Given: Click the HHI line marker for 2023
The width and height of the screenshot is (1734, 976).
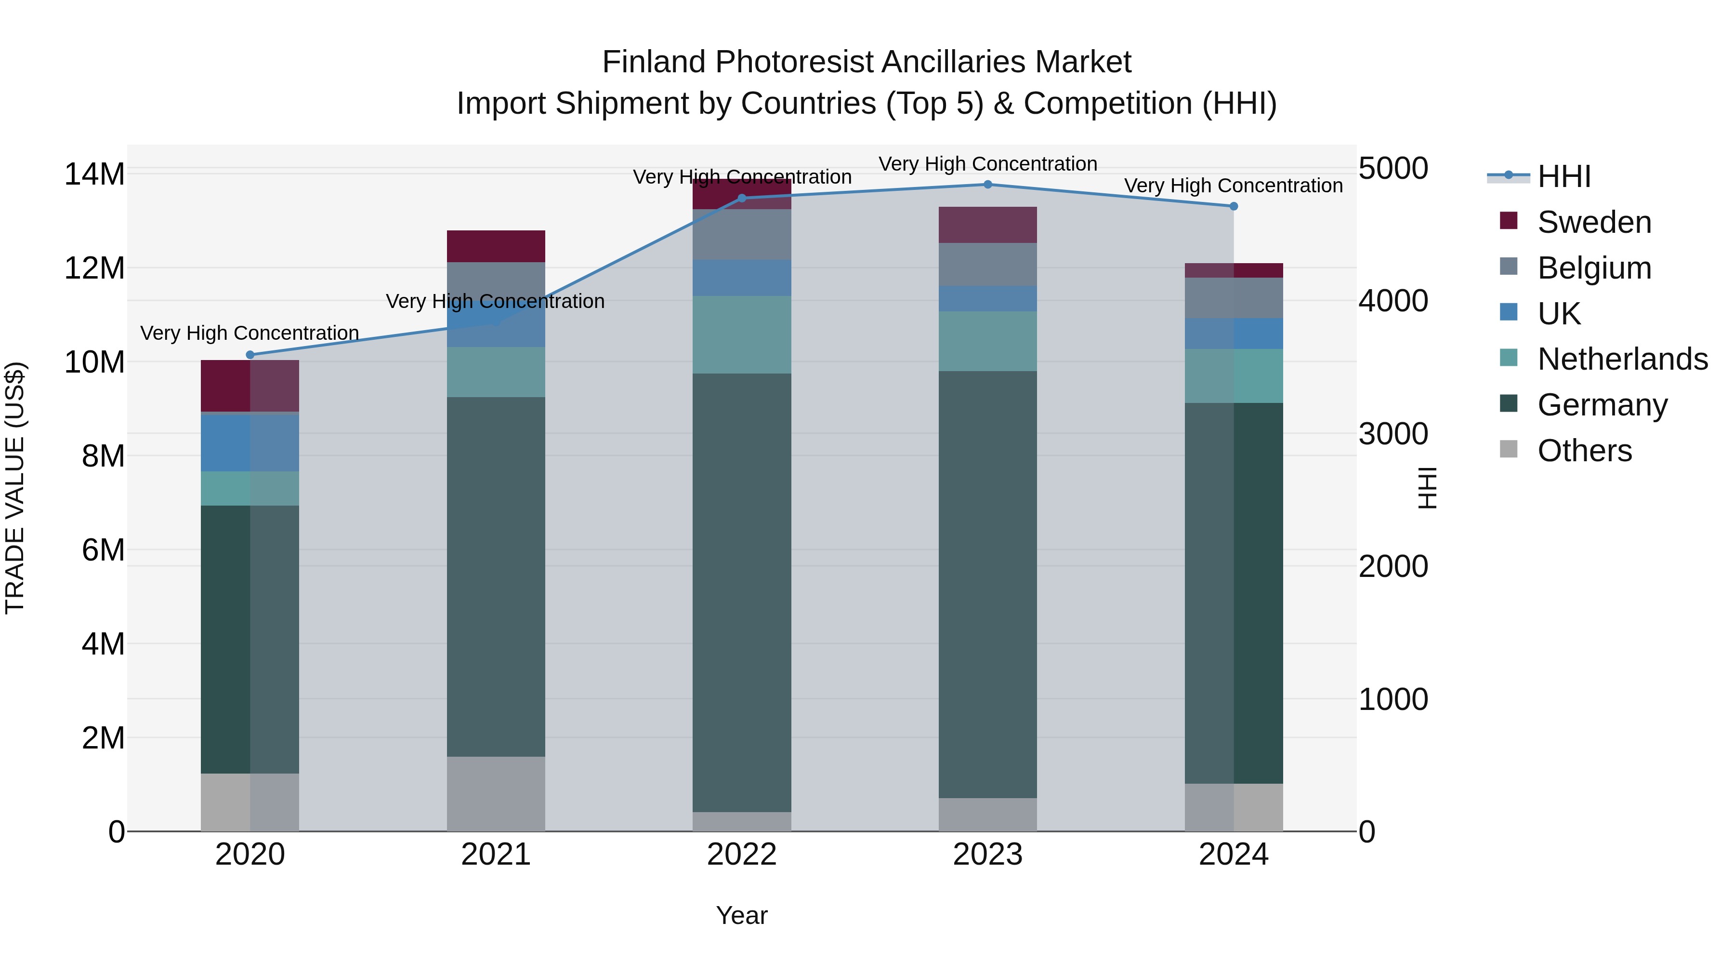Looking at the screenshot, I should (987, 185).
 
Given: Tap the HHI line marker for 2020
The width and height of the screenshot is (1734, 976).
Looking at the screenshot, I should (250, 355).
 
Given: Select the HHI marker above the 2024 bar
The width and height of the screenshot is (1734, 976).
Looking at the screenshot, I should (1233, 206).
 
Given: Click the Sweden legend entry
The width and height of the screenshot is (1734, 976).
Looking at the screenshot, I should (1593, 222).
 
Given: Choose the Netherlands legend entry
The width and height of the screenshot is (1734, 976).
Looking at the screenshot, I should (1622, 359).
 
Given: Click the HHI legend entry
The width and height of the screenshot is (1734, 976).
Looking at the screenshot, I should (1563, 176).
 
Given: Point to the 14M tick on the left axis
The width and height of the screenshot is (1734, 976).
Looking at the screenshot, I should (94, 174).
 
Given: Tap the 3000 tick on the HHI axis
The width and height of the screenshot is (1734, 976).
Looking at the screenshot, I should (1392, 434).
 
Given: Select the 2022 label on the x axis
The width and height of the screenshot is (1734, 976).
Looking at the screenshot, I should (742, 855).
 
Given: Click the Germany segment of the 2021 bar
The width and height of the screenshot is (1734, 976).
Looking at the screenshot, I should (496, 576).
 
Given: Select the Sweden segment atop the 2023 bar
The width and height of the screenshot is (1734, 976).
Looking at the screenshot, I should (987, 225).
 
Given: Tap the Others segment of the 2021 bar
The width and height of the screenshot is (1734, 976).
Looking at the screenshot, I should (496, 793).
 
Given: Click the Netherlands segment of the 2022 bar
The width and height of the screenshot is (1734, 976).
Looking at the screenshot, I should (742, 335).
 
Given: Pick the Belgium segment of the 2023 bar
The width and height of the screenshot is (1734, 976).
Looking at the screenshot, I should (987, 264).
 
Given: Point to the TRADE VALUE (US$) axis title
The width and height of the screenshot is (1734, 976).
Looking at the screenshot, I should (15, 488).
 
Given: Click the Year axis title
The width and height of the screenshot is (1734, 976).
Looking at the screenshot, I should (742, 915).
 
